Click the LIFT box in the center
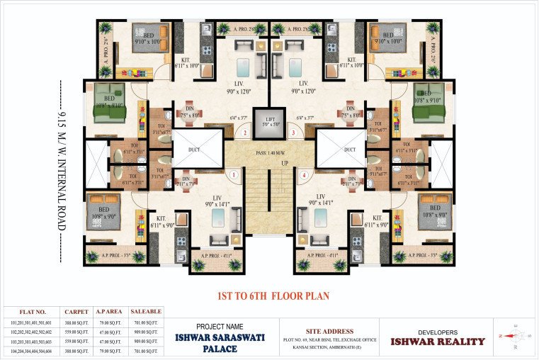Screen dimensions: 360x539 (x=268, y=121)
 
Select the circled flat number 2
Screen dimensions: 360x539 (x=244, y=133)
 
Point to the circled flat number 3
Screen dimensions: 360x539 (x=293, y=133)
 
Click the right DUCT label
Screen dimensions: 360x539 (x=349, y=150)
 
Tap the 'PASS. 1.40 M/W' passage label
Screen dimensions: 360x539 (x=269, y=154)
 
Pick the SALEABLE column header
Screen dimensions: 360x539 (x=146, y=311)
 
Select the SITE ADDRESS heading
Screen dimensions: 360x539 (x=329, y=331)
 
